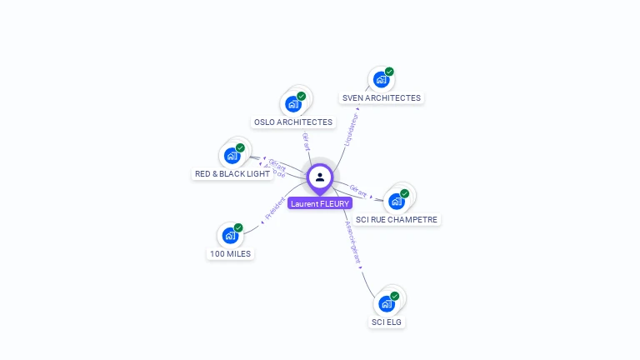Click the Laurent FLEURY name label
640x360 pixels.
click(320, 203)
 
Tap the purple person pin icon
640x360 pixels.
click(320, 177)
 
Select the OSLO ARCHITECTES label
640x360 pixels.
click(293, 122)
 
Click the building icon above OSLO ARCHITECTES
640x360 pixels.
click(292, 104)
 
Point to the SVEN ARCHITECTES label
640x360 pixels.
click(382, 97)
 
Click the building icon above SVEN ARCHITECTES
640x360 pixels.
click(381, 80)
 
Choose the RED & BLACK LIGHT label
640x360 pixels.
click(232, 174)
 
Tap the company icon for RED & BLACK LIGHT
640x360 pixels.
click(232, 156)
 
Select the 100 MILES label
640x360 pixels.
click(230, 253)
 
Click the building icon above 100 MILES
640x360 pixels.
click(230, 236)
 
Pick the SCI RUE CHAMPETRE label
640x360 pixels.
click(397, 220)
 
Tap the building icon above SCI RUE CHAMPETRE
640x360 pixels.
click(397, 201)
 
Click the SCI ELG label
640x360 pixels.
click(387, 322)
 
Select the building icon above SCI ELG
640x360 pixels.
click(387, 303)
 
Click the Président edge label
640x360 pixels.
click(274, 208)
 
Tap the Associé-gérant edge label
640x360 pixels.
click(353, 242)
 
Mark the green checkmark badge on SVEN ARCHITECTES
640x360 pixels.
click(389, 72)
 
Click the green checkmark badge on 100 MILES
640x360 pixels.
click(238, 227)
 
